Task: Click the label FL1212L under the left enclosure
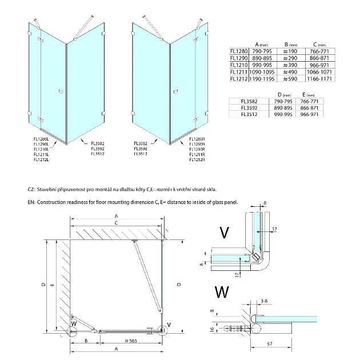click(42, 160)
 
